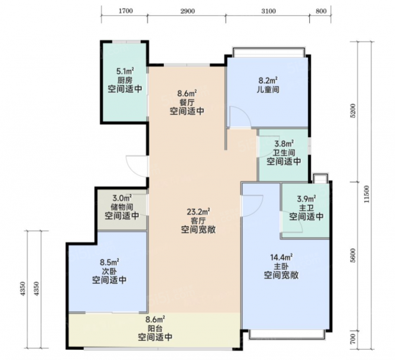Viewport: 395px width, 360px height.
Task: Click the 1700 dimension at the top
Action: pyautogui.click(x=125, y=11)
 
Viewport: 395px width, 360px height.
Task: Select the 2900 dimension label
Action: pyautogui.click(x=188, y=11)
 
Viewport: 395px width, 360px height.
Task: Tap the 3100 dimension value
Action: pyautogui.click(x=268, y=11)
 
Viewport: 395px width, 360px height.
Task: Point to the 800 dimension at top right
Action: pyautogui.click(x=321, y=11)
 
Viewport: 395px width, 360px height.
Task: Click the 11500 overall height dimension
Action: pyautogui.click(x=367, y=194)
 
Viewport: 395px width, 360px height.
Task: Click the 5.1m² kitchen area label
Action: pyautogui.click(x=125, y=71)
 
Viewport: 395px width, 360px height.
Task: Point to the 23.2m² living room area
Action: pyautogui.click(x=198, y=211)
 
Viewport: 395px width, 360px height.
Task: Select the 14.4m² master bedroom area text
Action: pyautogui.click(x=281, y=258)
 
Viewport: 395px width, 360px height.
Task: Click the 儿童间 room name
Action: pyautogui.click(x=268, y=90)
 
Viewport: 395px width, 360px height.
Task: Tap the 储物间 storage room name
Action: pyautogui.click(x=122, y=207)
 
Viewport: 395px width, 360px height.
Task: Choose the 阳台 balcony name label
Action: pyautogui.click(x=155, y=328)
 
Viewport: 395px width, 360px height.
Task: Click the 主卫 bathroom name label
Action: pyautogui.click(x=306, y=208)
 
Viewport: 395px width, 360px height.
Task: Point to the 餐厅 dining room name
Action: pyautogui.click(x=187, y=102)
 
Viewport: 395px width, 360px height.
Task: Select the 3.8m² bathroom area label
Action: pyautogui.click(x=284, y=144)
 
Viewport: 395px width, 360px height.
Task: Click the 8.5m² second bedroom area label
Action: pyautogui.click(x=109, y=262)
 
